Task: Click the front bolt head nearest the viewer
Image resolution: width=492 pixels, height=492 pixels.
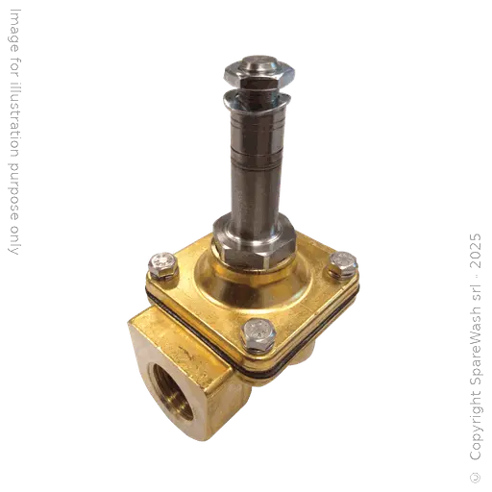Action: coord(256,332)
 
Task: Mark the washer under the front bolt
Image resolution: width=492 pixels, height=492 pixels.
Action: coord(256,344)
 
